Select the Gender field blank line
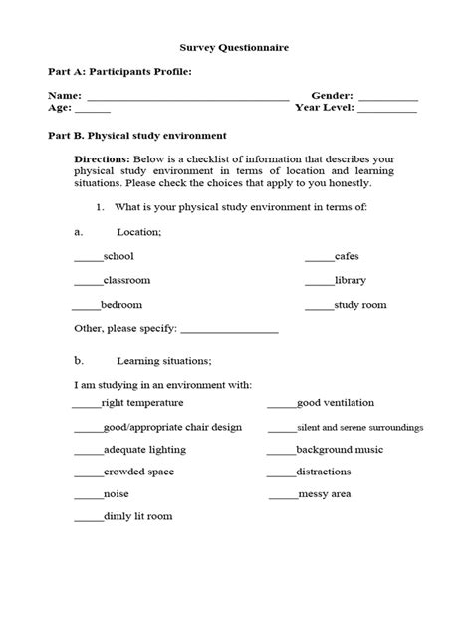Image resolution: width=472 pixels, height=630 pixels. click(387, 98)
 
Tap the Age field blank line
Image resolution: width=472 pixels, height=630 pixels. click(92, 111)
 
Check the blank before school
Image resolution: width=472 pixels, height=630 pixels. click(89, 258)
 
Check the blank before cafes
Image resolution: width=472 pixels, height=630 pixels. click(319, 258)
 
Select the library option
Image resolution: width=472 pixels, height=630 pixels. click(351, 281)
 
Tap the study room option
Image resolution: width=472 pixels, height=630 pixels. click(359, 305)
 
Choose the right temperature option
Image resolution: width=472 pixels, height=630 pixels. click(141, 403)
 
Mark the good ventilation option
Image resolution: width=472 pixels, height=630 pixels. click(335, 403)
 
